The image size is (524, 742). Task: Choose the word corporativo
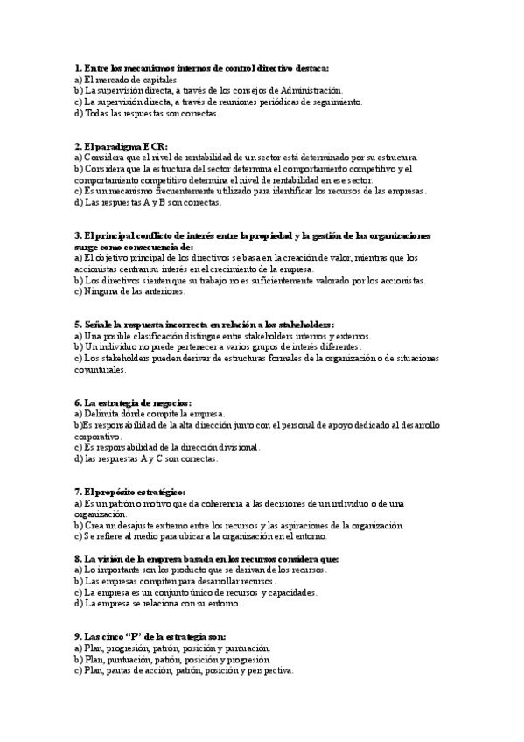point(97,436)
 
